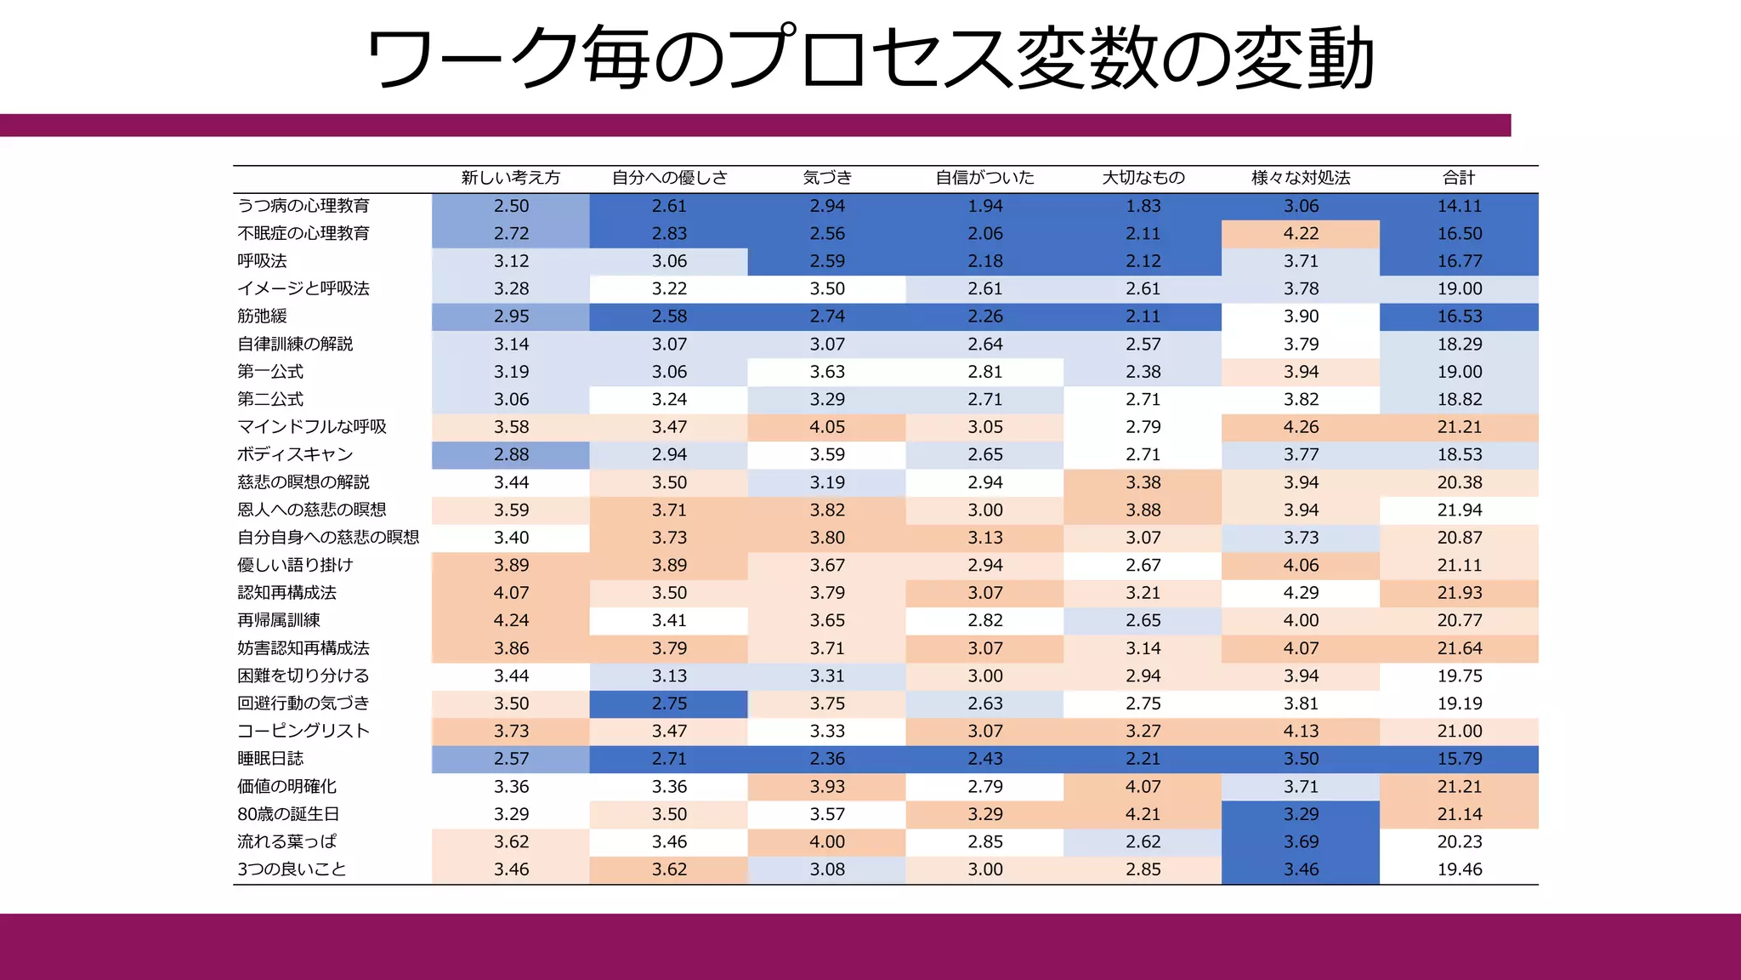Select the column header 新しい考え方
click(x=511, y=178)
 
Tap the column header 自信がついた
click(x=984, y=178)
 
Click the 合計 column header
click(x=1459, y=178)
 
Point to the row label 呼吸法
click(x=262, y=261)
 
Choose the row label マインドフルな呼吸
click(x=311, y=427)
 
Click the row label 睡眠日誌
click(x=270, y=759)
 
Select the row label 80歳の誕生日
click(x=287, y=814)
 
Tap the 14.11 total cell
click(x=1459, y=206)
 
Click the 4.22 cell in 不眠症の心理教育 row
click(x=1301, y=233)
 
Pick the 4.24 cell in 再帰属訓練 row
click(x=511, y=620)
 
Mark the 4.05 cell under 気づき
click(x=827, y=427)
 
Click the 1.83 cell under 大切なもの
click(x=1143, y=206)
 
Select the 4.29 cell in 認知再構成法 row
click(x=1301, y=593)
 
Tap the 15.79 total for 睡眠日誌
click(x=1459, y=759)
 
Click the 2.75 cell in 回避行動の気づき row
click(x=669, y=704)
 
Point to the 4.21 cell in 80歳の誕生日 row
click(x=1143, y=814)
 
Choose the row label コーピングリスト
click(x=303, y=731)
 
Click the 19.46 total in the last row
click(x=1459, y=869)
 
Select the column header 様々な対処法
click(x=1301, y=178)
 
